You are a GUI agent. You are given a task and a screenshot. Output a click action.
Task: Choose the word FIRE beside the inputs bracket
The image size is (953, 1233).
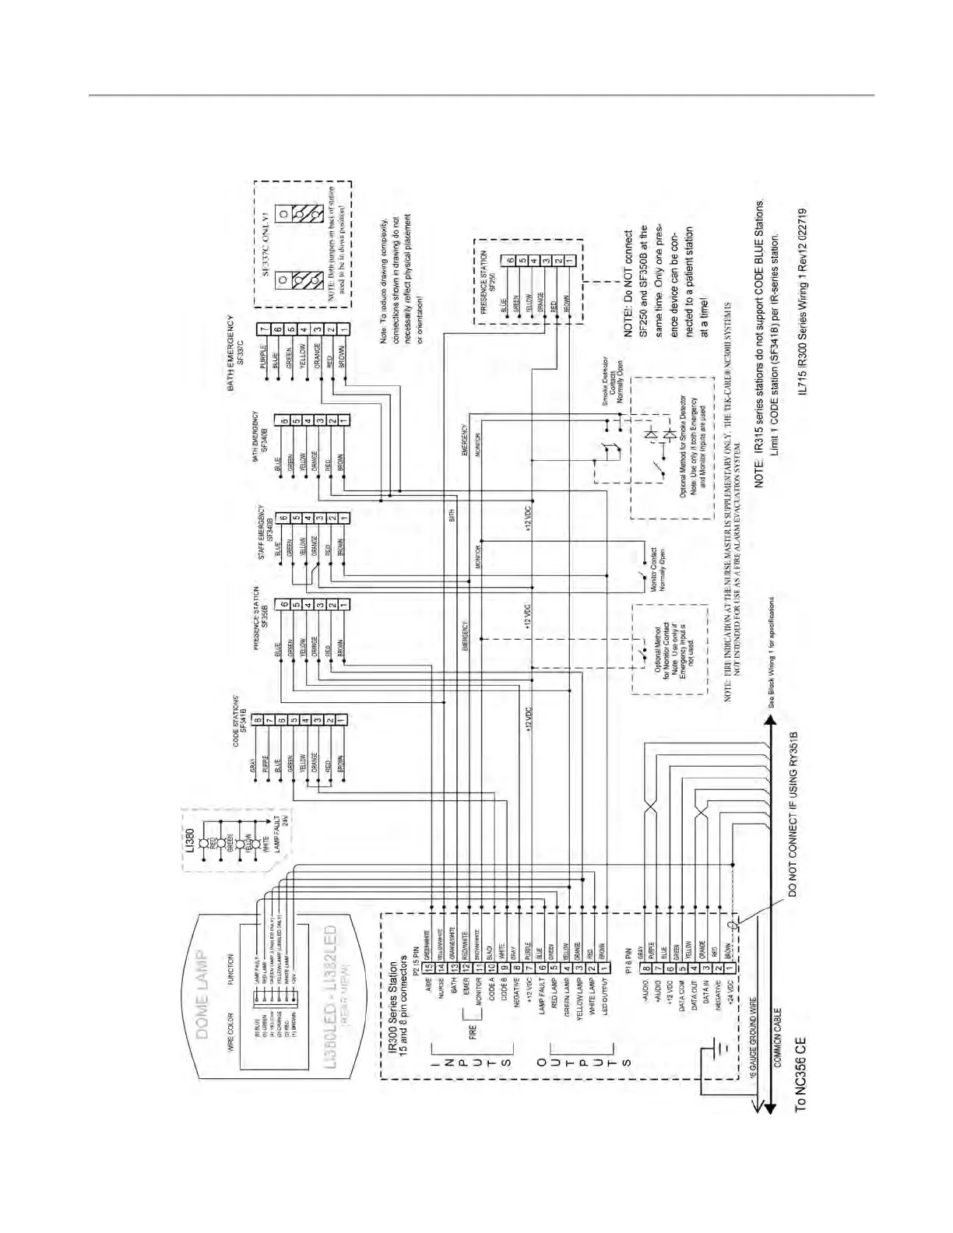coord(472,1033)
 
